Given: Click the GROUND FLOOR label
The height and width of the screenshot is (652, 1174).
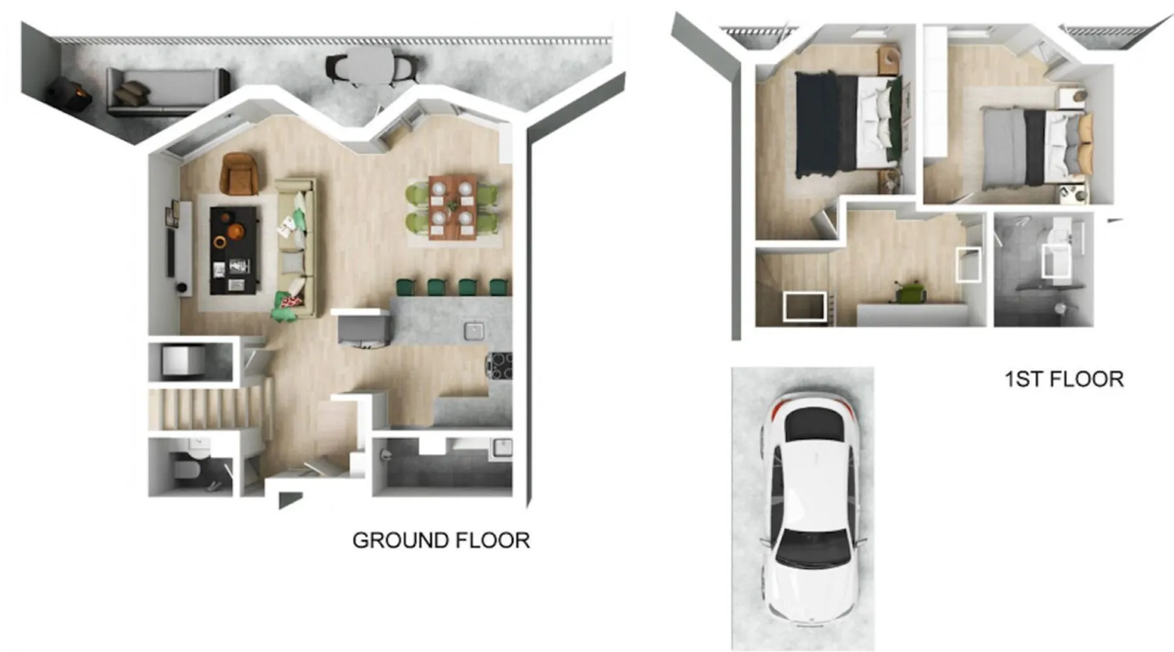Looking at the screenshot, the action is tap(441, 541).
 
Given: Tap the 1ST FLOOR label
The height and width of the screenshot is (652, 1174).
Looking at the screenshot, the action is tap(1064, 379).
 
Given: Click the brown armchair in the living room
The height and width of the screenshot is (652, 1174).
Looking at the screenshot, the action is tap(241, 173).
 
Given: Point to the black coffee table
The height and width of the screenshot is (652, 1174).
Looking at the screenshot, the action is tap(235, 250).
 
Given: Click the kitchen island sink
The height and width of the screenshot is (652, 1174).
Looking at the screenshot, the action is tap(474, 331).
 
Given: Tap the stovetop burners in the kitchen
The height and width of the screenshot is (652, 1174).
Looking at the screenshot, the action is tap(499, 365).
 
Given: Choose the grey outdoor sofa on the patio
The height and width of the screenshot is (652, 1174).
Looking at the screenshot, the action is tap(168, 91).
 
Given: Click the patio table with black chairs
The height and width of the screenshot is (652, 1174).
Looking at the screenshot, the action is tap(372, 66).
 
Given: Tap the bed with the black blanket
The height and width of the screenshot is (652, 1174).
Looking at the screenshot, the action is tap(848, 125).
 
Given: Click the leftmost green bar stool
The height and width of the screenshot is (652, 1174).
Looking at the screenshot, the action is tap(406, 287).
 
